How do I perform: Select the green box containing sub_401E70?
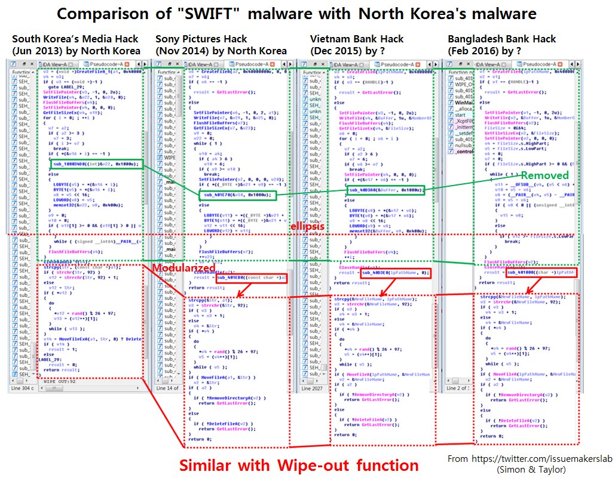[x=236, y=195]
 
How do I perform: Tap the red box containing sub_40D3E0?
[x=395, y=273]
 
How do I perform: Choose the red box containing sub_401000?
[x=541, y=273]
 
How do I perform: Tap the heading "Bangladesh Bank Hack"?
[x=502, y=39]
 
